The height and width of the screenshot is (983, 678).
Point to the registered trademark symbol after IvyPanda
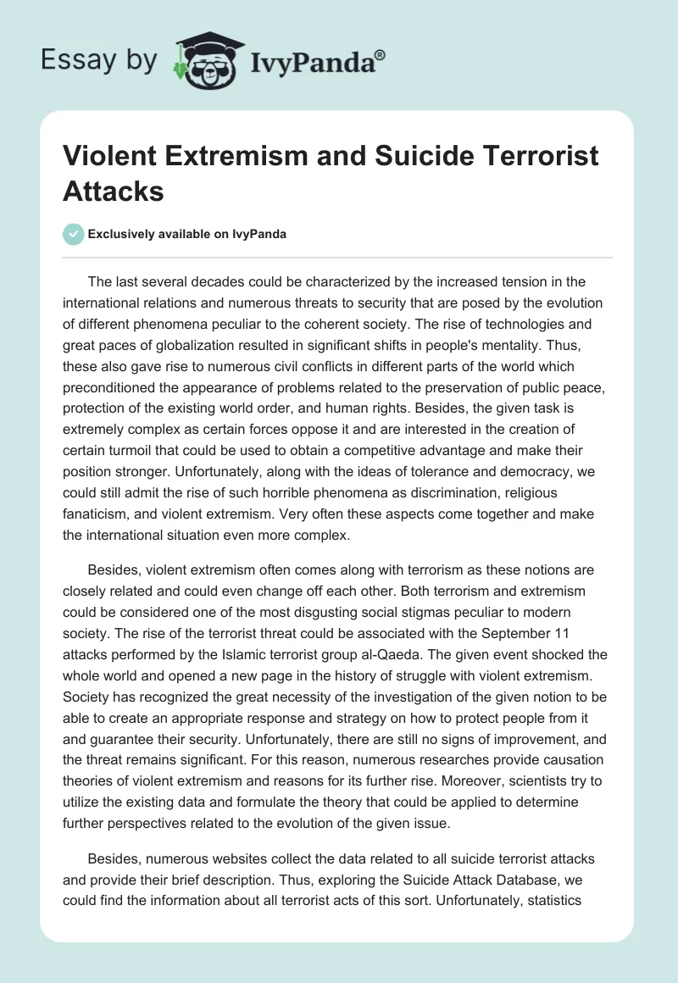[381, 53]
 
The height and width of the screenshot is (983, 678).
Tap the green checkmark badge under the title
[75, 234]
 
